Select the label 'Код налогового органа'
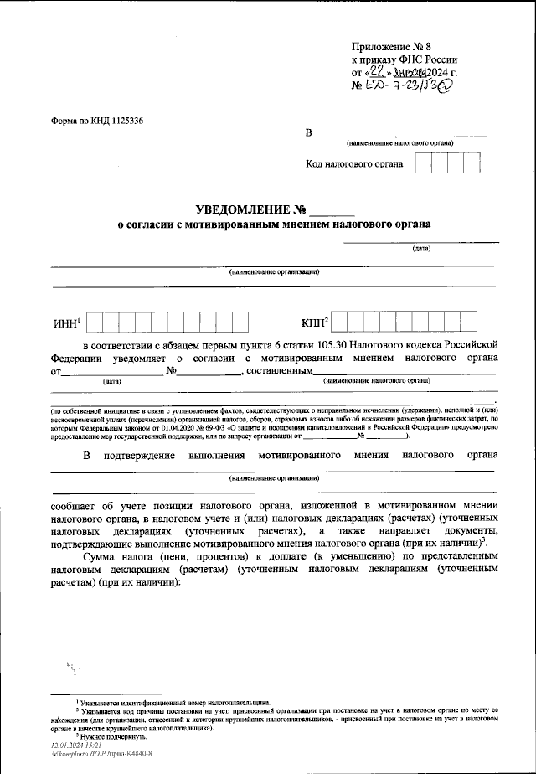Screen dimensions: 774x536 click(x=354, y=163)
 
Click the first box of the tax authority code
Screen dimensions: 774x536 click(x=424, y=163)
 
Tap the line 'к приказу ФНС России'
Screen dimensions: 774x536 click(x=404, y=59)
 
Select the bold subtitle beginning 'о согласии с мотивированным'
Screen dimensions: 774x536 click(x=273, y=225)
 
